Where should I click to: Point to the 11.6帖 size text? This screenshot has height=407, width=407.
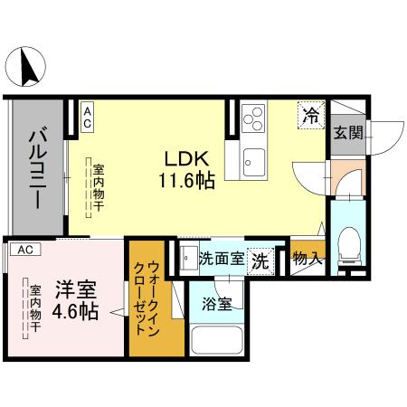pyautogui.click(x=187, y=181)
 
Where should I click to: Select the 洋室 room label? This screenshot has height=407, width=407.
pyautogui.click(x=77, y=291)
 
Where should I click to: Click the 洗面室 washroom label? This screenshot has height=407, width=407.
pyautogui.click(x=222, y=258)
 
